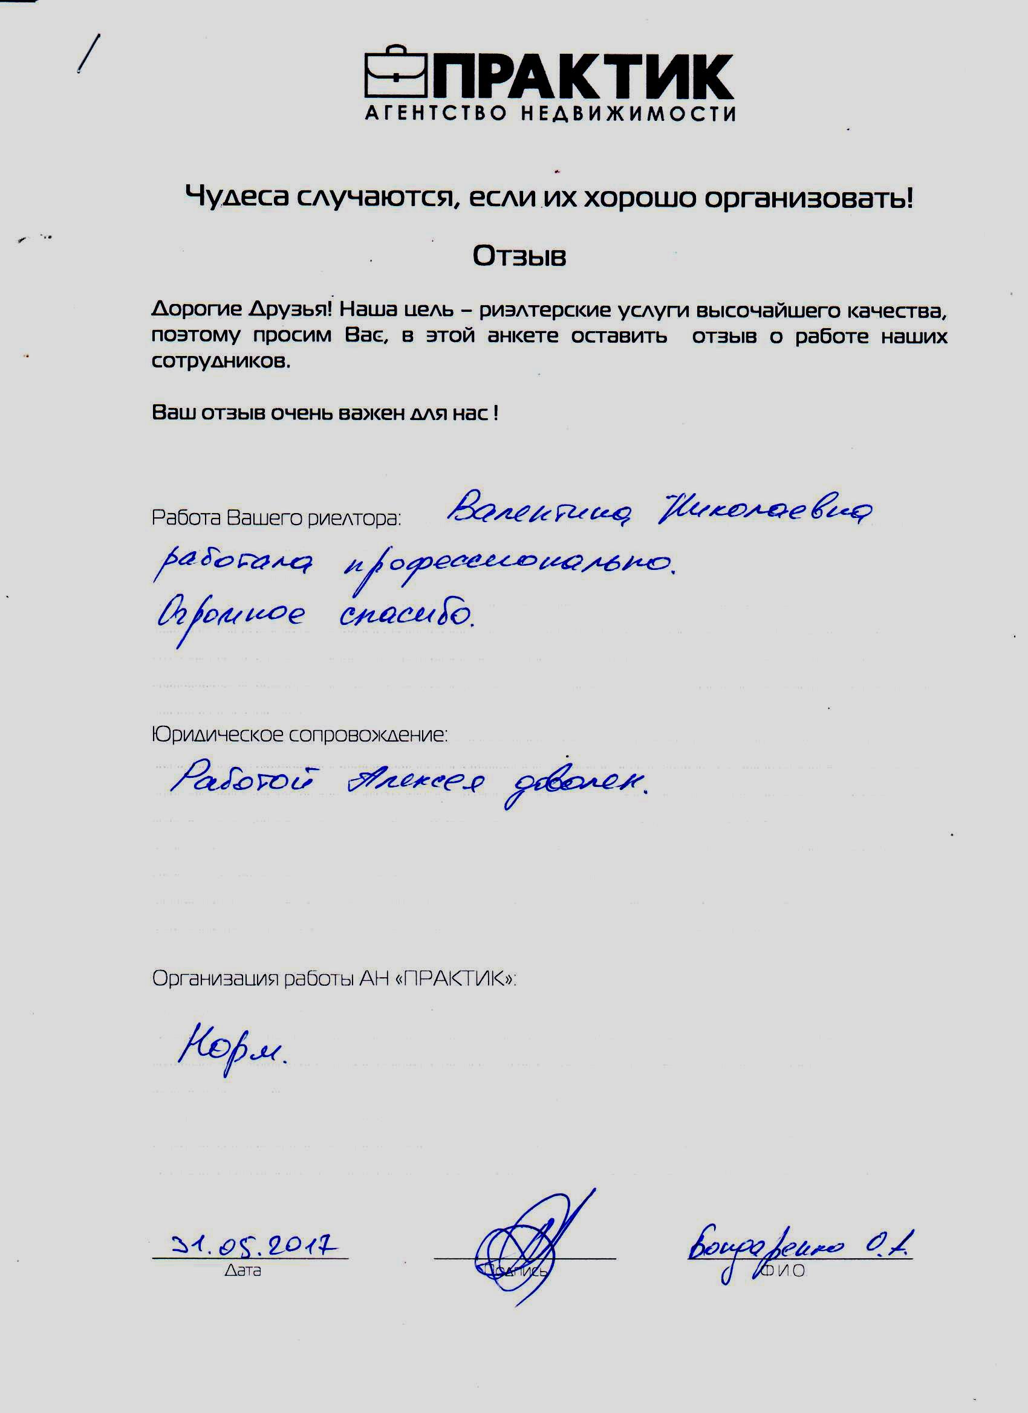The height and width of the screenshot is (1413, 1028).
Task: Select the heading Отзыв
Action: click(x=519, y=256)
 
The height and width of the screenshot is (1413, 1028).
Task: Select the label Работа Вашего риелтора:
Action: click(x=276, y=518)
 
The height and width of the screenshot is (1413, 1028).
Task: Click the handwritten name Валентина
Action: click(x=540, y=511)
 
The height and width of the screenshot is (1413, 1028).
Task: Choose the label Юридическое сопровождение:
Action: click(x=299, y=735)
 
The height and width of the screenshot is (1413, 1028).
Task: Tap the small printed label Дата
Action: click(x=242, y=1270)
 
